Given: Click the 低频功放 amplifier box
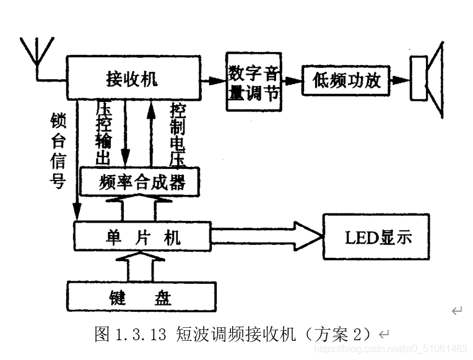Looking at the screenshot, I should (347, 80).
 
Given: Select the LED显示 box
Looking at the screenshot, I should (376, 236).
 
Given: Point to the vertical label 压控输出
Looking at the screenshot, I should (103, 132).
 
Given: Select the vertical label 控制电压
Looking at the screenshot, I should (177, 132).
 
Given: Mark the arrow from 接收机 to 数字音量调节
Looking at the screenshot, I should (214, 80).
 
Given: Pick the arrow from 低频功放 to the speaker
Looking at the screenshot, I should (401, 80).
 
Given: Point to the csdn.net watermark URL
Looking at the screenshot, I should (390, 349).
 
